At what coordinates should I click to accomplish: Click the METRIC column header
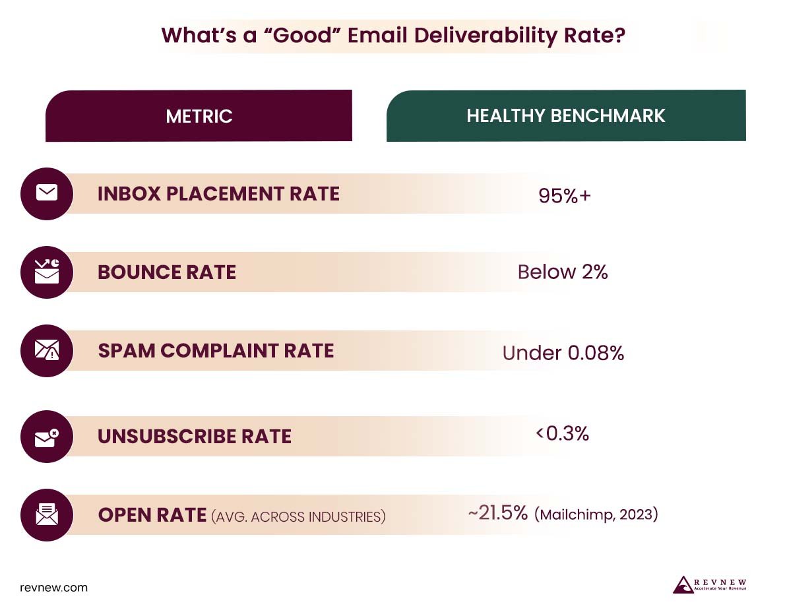[199, 116]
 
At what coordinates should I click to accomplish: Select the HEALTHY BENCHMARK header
[565, 116]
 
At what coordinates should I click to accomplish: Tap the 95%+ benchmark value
[564, 196]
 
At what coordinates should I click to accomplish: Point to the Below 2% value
[562, 272]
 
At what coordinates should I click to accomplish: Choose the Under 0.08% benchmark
[563, 353]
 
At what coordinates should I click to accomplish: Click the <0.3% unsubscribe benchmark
[562, 433]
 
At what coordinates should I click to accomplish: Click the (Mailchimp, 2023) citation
[596, 514]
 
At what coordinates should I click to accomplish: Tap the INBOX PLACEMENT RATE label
[218, 194]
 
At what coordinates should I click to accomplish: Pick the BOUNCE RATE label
[166, 272]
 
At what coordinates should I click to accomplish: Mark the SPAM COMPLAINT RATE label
[216, 351]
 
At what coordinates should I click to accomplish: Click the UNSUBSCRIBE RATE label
[194, 437]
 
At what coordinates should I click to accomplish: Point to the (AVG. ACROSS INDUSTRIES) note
[298, 516]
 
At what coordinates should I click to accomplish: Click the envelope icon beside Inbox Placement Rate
[46, 193]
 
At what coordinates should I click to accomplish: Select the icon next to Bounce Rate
[46, 271]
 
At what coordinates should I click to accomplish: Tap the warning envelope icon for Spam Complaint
[46, 350]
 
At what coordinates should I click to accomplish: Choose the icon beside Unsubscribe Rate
[46, 436]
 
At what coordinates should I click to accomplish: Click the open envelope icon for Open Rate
[46, 514]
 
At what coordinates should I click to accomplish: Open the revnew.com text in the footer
[53, 587]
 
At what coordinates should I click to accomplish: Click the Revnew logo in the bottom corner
[709, 585]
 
